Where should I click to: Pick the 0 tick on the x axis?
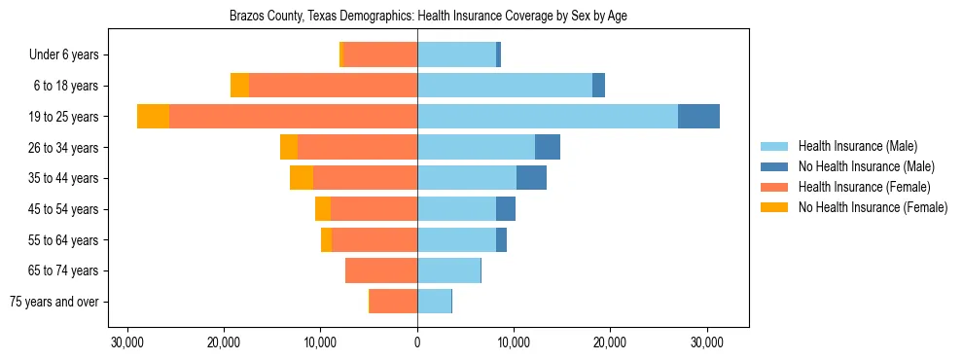coord(417,342)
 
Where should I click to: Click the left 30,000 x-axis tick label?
coord(128,342)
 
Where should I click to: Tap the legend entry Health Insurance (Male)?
coord(857,146)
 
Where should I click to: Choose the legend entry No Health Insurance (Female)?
coord(873,207)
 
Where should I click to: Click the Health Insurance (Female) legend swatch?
coord(775,187)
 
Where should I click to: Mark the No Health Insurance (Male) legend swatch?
coord(775,166)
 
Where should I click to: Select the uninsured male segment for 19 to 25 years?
coord(698,117)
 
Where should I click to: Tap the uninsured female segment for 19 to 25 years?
coord(153,117)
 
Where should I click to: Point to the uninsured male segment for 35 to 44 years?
coord(531,178)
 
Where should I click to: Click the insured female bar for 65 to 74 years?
coord(381,270)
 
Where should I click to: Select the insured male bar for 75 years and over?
coord(434,302)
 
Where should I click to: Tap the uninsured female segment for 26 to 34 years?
coord(289,147)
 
